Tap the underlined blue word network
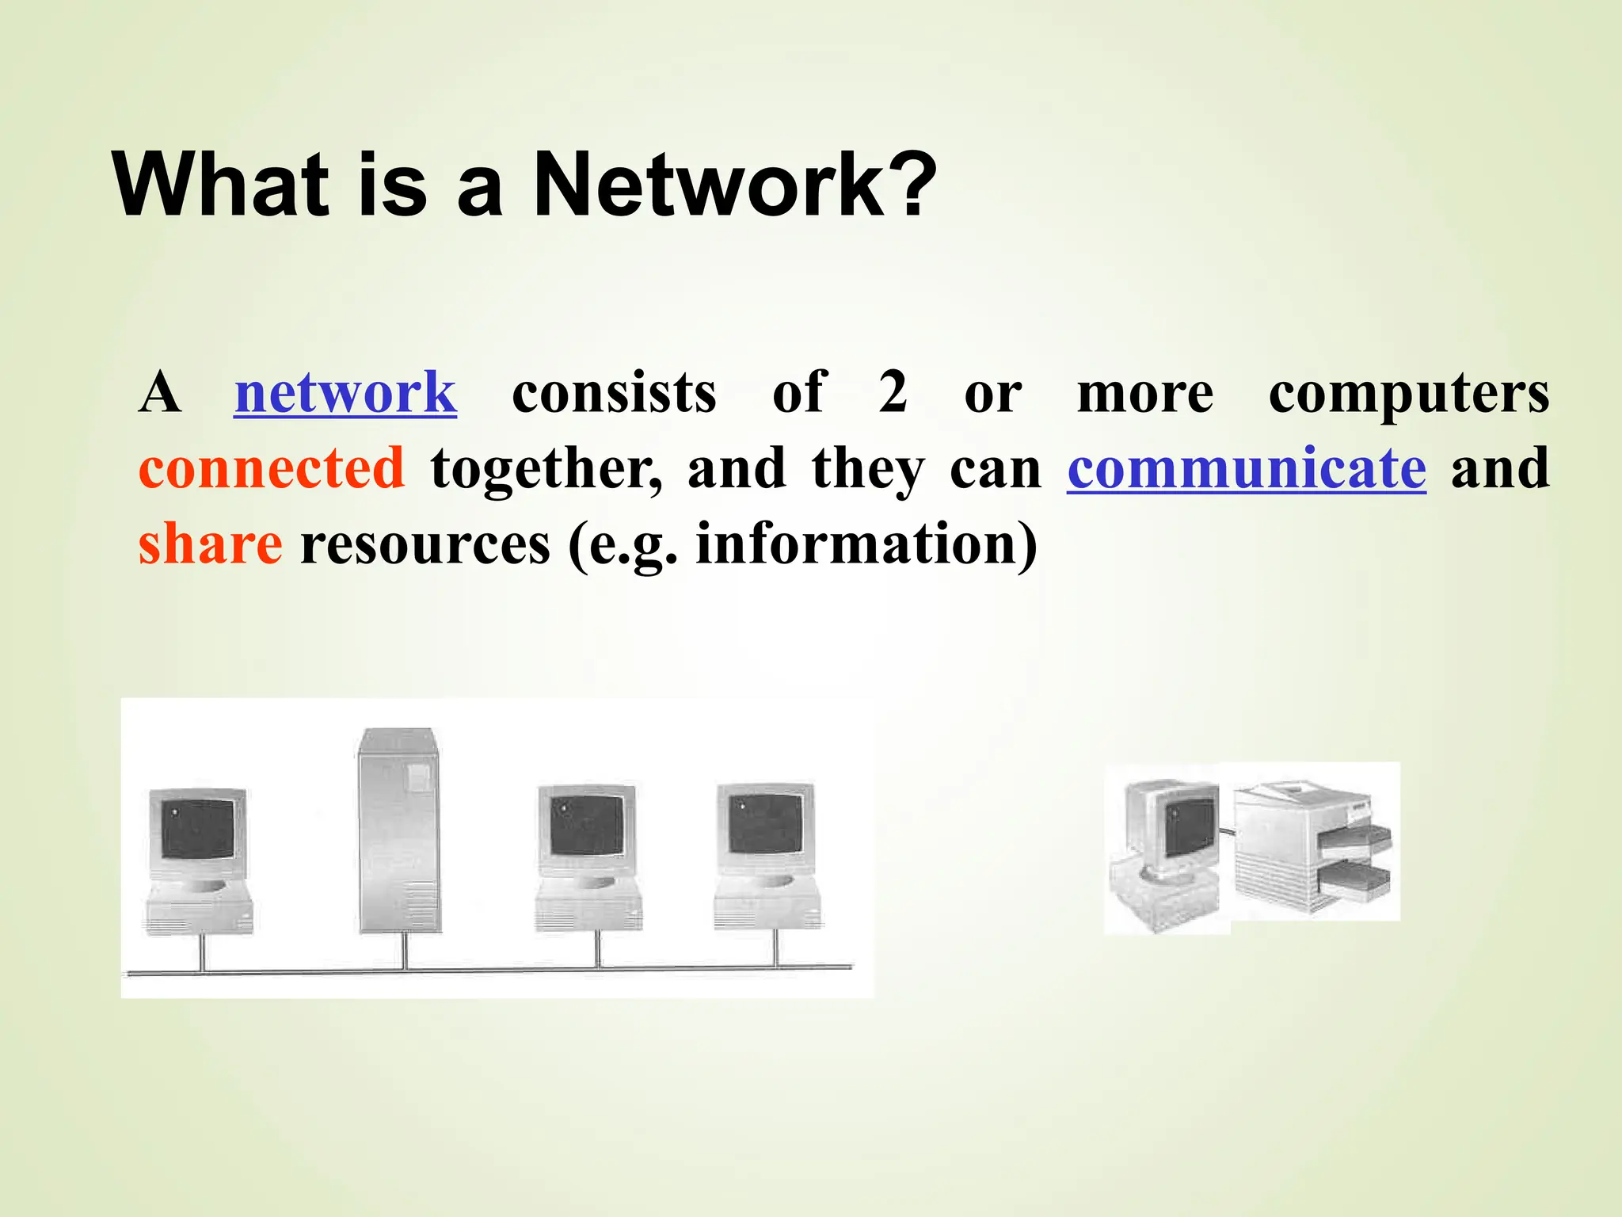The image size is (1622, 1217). (345, 393)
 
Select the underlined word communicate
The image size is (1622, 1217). (1247, 469)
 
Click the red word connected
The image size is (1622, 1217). (272, 469)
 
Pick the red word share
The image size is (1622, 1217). (210, 545)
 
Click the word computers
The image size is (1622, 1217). (1408, 393)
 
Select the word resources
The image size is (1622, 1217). (425, 545)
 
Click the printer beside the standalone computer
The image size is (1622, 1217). (1311, 848)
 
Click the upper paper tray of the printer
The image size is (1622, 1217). (1355, 837)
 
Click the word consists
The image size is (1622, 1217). (614, 393)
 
